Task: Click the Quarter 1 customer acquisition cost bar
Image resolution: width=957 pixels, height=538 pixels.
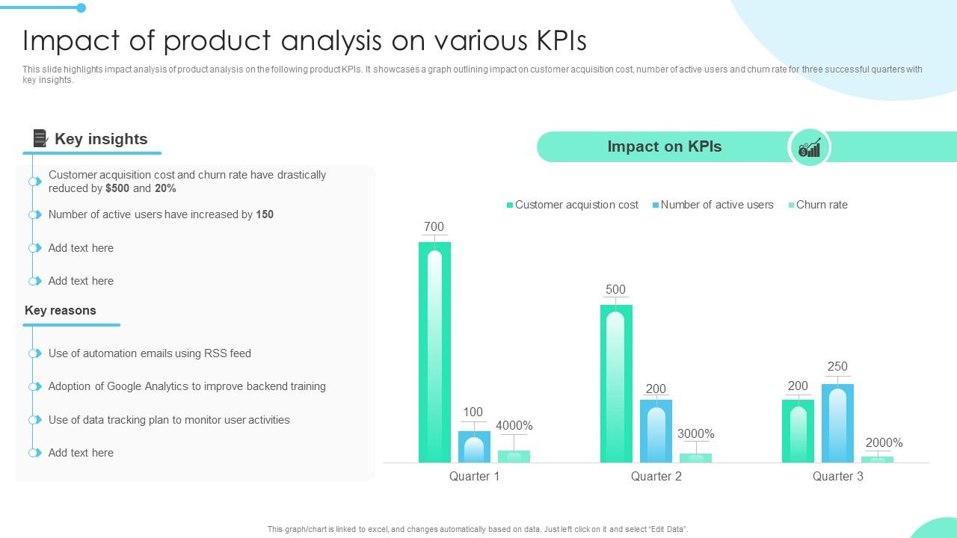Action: [434, 351]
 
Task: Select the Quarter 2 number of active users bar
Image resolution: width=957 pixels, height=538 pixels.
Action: [656, 431]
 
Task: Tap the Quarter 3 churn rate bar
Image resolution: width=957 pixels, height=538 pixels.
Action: [877, 459]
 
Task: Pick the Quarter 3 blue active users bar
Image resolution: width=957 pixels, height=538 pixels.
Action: [837, 423]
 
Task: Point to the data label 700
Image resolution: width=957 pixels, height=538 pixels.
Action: [434, 226]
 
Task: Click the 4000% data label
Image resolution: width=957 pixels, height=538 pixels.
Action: [514, 426]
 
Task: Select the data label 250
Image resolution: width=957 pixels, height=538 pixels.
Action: [837, 366]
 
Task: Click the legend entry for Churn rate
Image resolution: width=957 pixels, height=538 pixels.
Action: [821, 205]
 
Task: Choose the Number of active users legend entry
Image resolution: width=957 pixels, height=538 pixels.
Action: [716, 205]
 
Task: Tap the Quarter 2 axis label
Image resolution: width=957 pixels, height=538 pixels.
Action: [656, 476]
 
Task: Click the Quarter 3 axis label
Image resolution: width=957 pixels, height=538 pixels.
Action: [837, 476]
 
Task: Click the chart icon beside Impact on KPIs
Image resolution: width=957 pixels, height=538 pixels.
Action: [809, 147]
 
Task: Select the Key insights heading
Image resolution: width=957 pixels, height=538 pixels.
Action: [101, 139]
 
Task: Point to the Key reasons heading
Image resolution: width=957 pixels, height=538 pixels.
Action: [61, 310]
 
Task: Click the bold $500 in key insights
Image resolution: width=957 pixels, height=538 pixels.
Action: [117, 188]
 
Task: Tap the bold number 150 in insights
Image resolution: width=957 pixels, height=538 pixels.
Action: [265, 214]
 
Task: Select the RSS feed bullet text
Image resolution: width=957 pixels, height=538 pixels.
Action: [150, 353]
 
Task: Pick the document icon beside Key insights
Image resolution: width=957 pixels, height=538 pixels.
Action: [40, 138]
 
